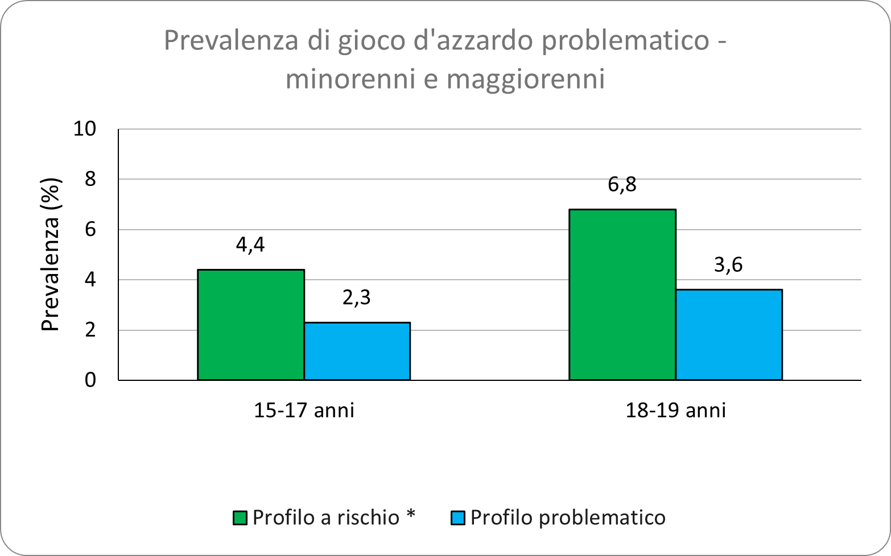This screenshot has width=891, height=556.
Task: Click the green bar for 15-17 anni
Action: coord(250,325)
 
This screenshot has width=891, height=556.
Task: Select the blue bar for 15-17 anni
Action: coord(357,351)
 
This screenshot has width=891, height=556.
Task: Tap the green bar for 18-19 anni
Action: coord(622,294)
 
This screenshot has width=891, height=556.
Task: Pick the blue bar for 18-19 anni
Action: coord(729,335)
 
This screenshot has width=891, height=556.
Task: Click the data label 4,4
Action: coord(250,245)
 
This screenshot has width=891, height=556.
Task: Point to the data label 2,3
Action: coord(357,297)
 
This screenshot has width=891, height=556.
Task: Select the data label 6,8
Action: coord(622,185)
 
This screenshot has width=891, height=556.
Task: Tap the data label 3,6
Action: coord(729,265)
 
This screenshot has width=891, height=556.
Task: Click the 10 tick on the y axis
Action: coord(85,129)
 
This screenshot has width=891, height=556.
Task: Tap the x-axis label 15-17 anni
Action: coord(304,410)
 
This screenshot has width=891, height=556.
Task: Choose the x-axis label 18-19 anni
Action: coord(675,410)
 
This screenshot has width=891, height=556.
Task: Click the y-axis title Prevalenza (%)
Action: coord(51,255)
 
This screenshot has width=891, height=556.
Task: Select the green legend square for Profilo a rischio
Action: coord(240,518)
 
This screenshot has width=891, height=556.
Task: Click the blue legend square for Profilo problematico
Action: coord(458,518)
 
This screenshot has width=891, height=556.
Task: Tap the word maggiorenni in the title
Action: coord(526,80)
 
